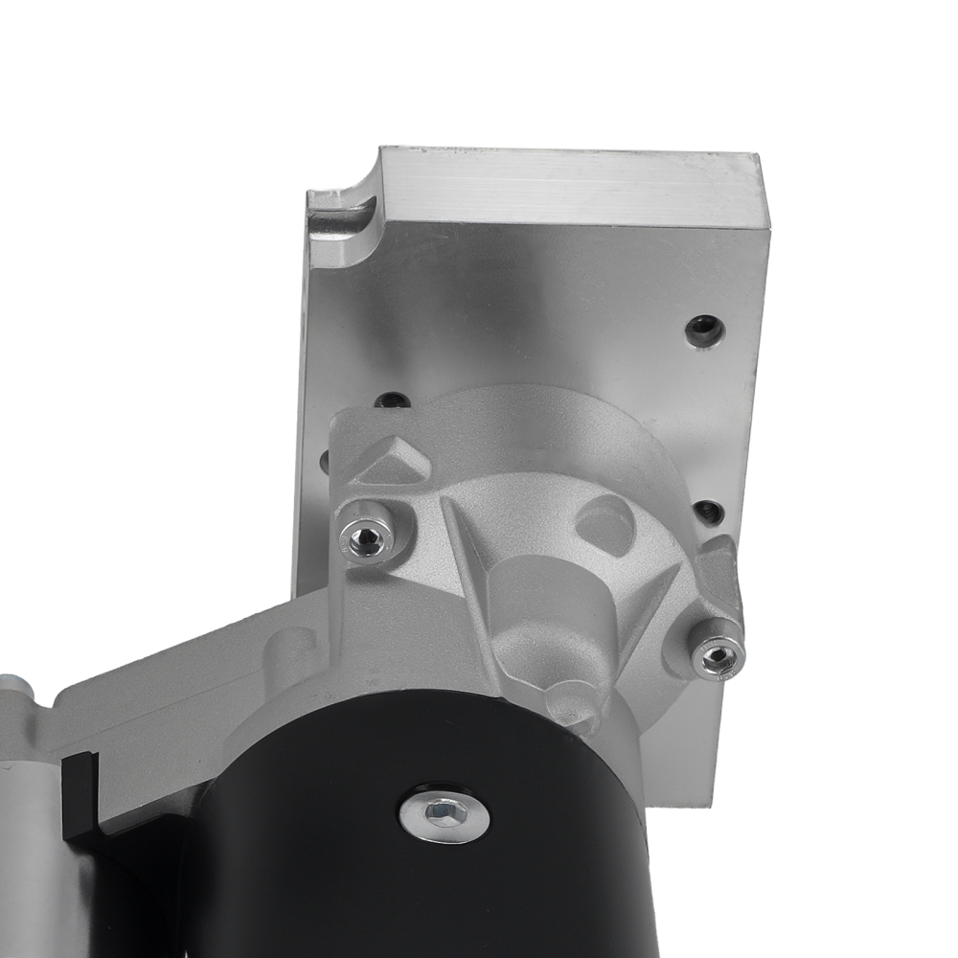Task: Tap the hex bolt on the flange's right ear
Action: pos(718,656)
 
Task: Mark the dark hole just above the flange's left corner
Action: pos(391,400)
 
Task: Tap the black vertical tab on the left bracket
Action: pos(79,795)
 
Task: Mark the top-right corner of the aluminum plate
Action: pos(763,158)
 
